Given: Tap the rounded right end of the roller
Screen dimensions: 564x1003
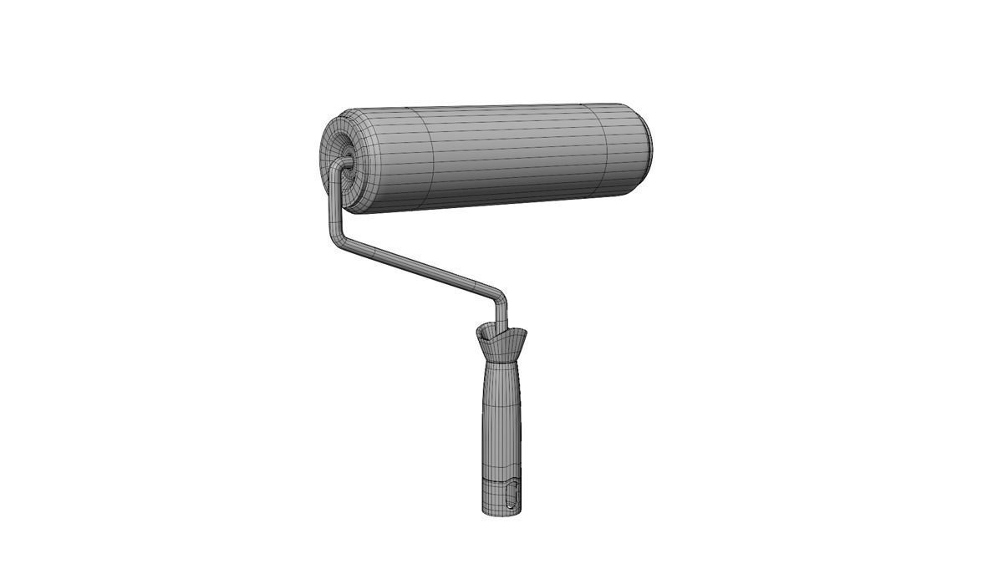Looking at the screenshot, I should tap(644, 146).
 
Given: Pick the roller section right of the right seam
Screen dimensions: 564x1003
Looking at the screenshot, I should tap(625, 149).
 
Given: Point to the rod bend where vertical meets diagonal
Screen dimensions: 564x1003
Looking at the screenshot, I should tap(338, 237).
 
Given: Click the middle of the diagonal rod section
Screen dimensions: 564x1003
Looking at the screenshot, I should tap(418, 267).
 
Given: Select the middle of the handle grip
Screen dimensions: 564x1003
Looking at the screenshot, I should tap(500, 426).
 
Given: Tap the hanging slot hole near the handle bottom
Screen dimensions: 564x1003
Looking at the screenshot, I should tap(512, 495).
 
